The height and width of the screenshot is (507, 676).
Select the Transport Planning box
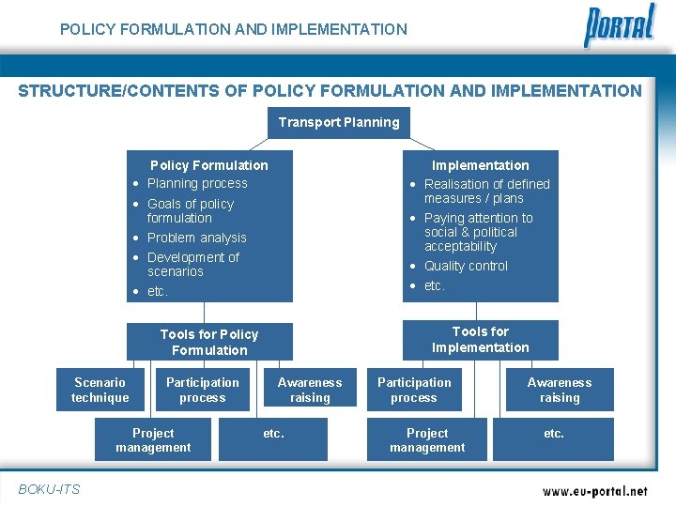tap(339, 122)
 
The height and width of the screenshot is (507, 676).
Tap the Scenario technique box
tap(100, 390)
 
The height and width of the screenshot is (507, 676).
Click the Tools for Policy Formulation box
tap(209, 342)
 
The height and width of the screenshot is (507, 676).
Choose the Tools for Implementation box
tap(480, 340)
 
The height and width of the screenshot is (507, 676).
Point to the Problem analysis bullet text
tap(196, 238)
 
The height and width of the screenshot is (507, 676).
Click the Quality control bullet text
tap(466, 266)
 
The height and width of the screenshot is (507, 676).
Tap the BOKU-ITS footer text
tap(49, 488)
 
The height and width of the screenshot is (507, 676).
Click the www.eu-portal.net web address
tap(595, 490)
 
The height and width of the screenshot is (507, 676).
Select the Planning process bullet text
tap(197, 183)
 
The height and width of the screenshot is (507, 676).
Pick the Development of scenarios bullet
tap(192, 264)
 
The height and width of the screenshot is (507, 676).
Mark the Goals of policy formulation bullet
tap(190, 210)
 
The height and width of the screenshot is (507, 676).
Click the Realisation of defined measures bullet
tap(486, 191)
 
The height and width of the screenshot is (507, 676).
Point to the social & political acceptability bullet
tap(478, 232)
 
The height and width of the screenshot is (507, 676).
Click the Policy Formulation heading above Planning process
tap(209, 165)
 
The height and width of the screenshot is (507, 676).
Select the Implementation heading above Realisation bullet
tap(480, 165)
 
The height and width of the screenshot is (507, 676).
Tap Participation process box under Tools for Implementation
tap(414, 390)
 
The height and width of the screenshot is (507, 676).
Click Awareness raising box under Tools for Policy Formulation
tap(310, 390)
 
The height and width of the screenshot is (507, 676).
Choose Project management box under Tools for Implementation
tap(427, 440)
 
